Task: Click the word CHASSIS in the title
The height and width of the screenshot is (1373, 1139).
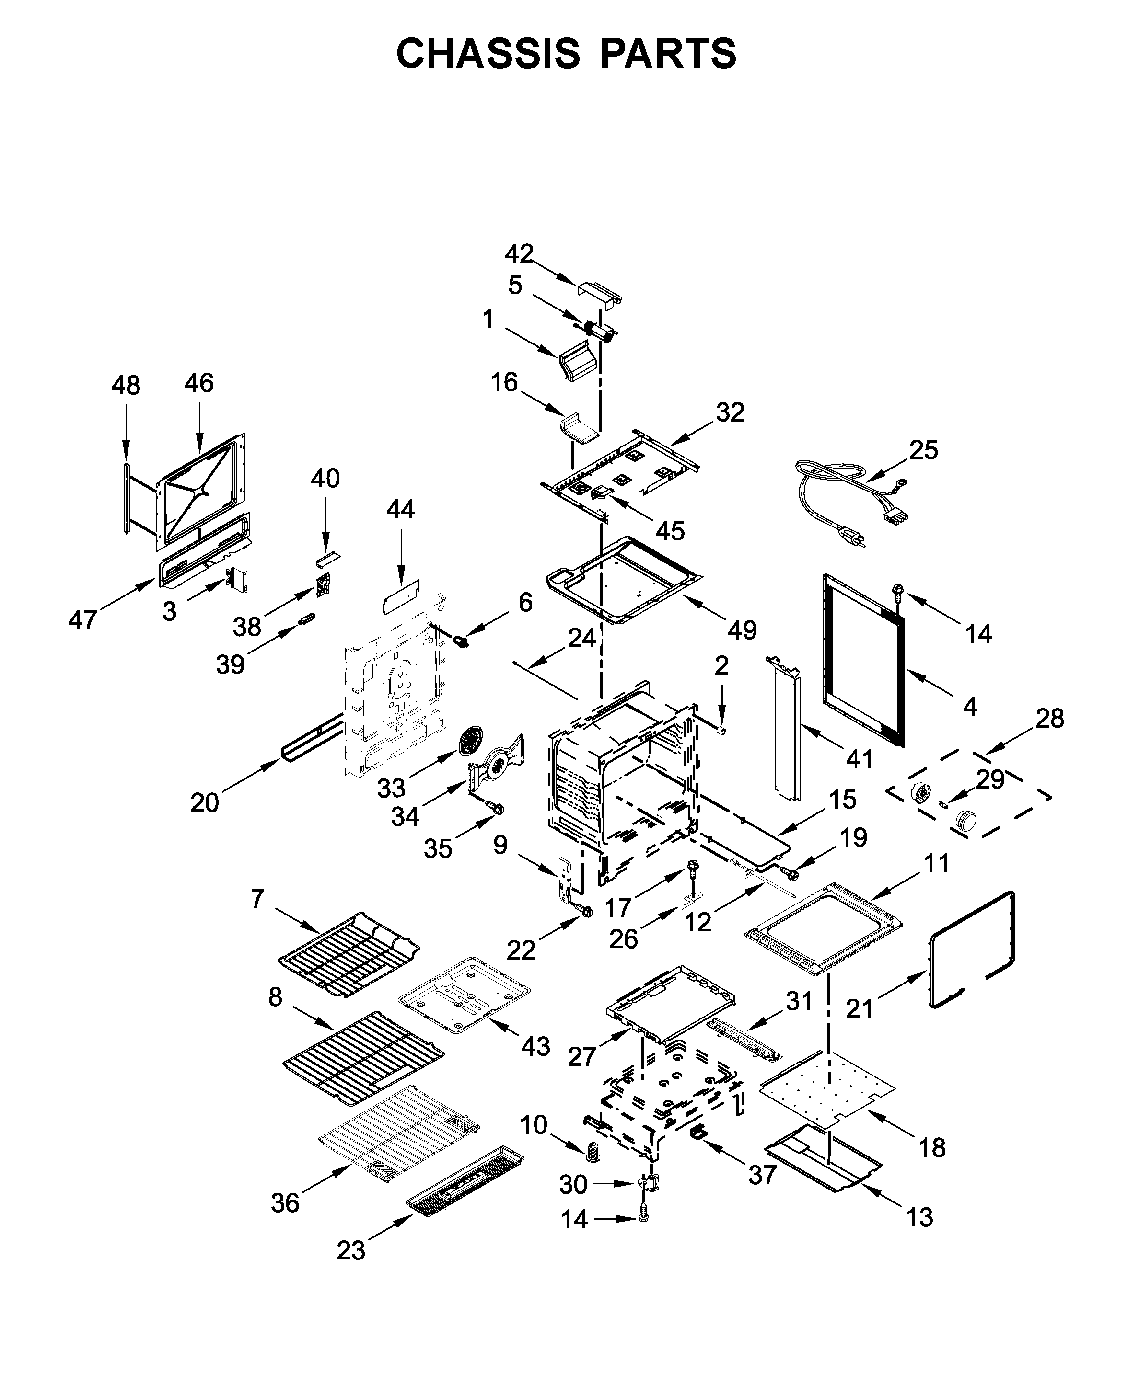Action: tap(488, 54)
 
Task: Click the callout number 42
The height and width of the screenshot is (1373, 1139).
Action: tap(519, 254)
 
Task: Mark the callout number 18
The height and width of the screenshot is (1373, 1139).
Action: tap(931, 1147)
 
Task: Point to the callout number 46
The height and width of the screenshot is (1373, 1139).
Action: tap(199, 383)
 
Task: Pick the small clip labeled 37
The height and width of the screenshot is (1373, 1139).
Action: tap(699, 1133)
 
